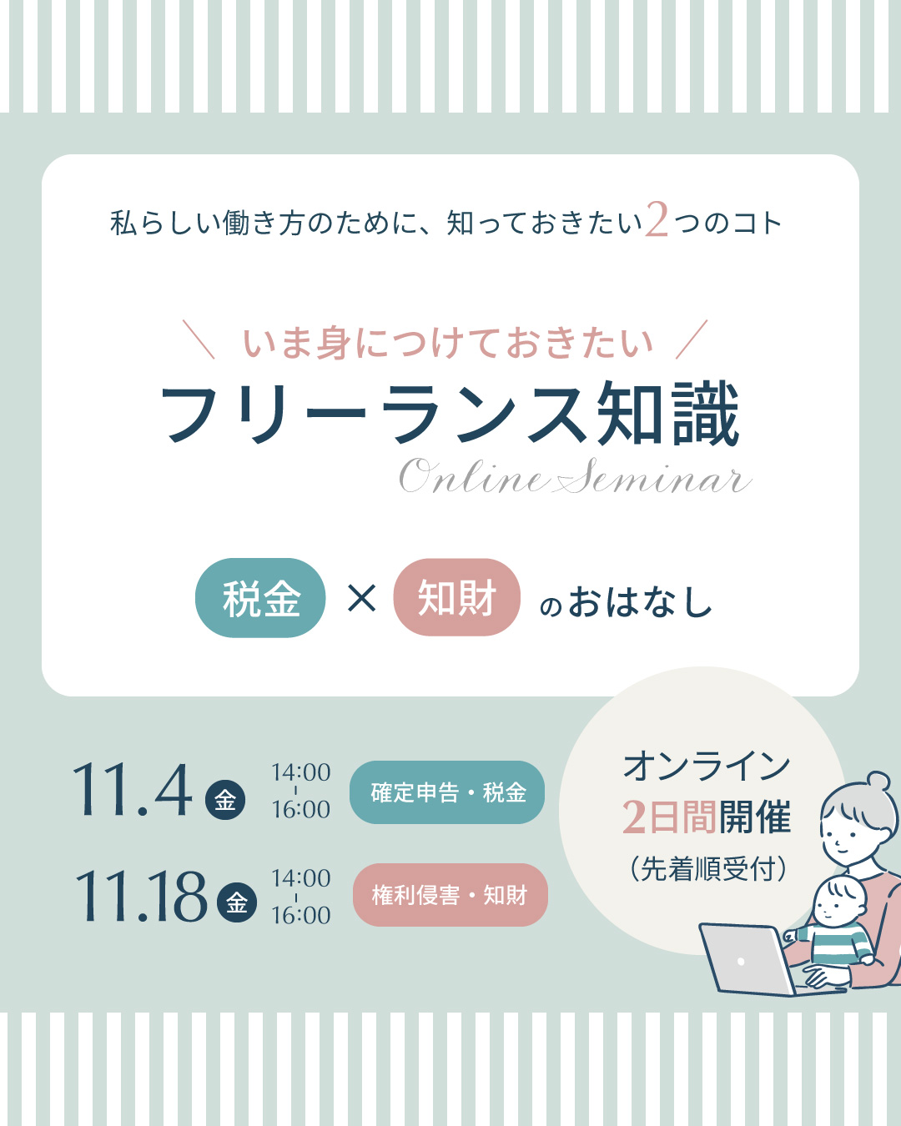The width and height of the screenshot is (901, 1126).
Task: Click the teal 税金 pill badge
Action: click(x=260, y=598)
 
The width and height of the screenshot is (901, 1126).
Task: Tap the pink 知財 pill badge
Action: click(x=456, y=597)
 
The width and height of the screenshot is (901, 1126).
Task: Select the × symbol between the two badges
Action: click(x=361, y=598)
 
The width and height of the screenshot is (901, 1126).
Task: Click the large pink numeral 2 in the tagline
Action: click(x=657, y=219)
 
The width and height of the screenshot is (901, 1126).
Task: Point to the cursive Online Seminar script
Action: click(x=576, y=476)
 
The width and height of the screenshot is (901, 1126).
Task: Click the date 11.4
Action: click(x=133, y=790)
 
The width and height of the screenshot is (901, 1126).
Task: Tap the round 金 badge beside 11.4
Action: click(x=225, y=800)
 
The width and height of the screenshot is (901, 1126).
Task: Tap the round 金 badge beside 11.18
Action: click(x=237, y=902)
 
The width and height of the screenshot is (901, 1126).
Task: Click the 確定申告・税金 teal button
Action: click(x=447, y=792)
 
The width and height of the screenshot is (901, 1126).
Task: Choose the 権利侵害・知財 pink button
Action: click(x=450, y=895)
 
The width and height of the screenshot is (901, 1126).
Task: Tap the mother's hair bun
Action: click(x=877, y=782)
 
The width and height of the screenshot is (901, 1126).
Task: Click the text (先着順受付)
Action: click(x=708, y=869)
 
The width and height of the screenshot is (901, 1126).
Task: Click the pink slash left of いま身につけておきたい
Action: click(x=199, y=339)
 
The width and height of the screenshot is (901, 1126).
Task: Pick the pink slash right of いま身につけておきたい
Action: click(x=692, y=339)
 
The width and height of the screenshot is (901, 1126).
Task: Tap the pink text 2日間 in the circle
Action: click(x=669, y=817)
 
